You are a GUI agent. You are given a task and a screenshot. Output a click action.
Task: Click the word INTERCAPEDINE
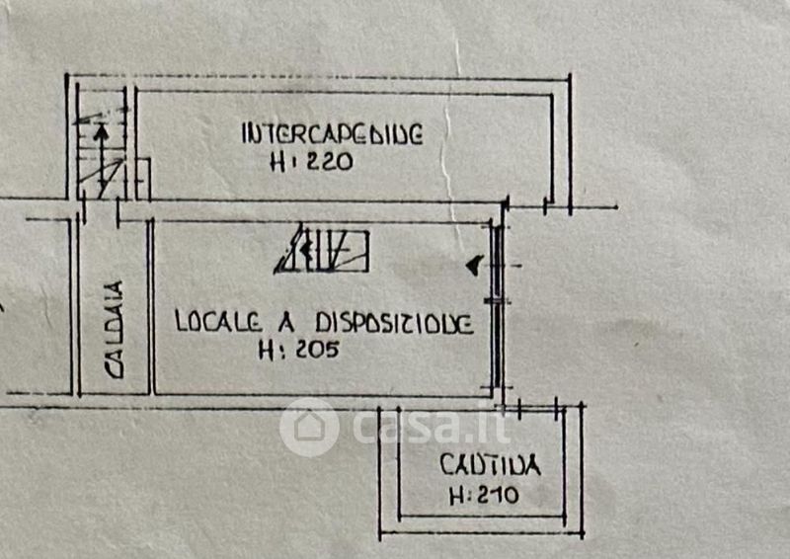[332, 133]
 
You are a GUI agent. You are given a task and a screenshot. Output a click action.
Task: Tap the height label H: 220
[311, 164]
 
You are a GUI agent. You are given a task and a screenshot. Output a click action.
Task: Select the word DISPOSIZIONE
[394, 323]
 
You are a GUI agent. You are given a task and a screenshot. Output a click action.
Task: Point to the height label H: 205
[298, 349]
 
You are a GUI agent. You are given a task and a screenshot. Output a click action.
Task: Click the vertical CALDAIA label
[116, 330]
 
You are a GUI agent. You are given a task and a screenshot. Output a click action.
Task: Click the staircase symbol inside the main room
[323, 251]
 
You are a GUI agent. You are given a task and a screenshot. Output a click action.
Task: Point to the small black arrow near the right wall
[475, 264]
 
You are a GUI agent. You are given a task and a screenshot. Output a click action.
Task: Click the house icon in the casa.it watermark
[309, 428]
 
